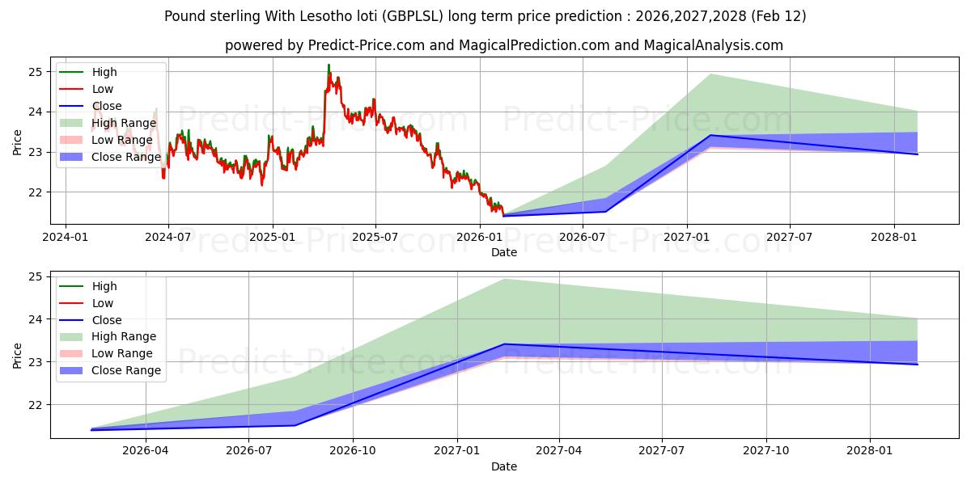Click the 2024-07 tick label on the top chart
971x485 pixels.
point(168,238)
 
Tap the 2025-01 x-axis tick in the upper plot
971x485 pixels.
point(272,238)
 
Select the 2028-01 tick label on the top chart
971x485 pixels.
point(894,238)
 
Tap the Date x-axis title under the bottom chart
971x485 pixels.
point(503,466)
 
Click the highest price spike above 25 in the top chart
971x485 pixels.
point(329,65)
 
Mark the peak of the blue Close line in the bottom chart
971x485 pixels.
point(504,344)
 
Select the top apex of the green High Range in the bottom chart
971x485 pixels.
point(504,279)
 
